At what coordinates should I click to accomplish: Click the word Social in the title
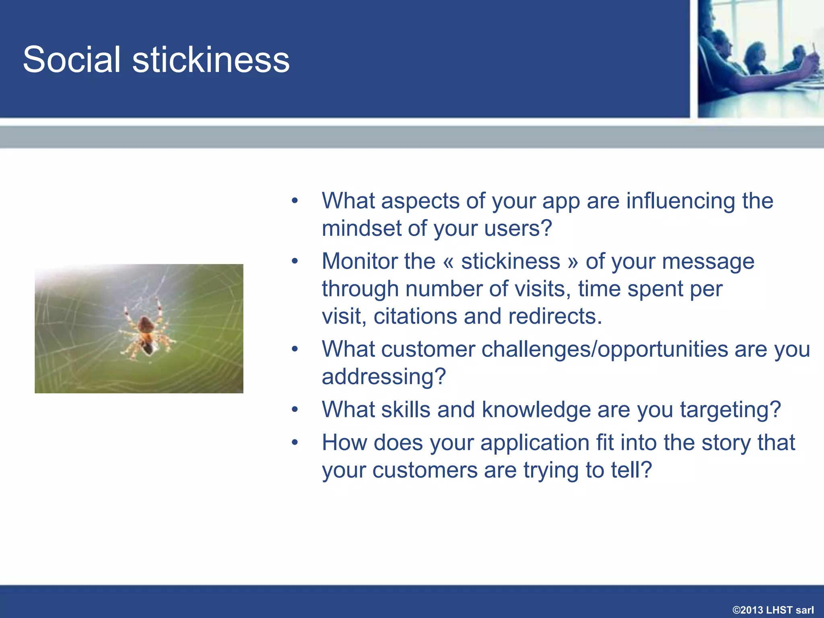[x=72, y=60]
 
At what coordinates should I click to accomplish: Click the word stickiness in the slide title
[x=211, y=60]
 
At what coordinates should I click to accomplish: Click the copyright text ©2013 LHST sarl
[x=773, y=610]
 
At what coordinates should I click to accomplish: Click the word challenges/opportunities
[x=605, y=349]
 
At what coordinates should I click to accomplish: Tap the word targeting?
[x=730, y=410]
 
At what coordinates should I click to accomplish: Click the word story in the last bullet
[x=726, y=443]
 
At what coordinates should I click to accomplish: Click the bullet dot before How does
[x=295, y=443]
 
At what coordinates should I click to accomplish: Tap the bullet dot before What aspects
[x=295, y=200]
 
